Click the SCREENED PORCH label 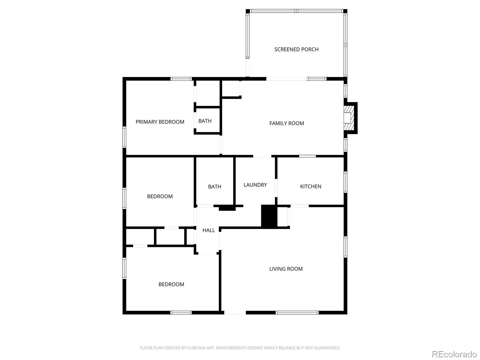pyautogui.click(x=296, y=49)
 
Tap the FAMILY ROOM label pyautogui.click(x=286, y=123)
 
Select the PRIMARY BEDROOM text pyautogui.click(x=160, y=122)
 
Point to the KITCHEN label pyautogui.click(x=310, y=186)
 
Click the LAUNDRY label pyautogui.click(x=255, y=185)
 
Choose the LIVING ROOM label pyautogui.click(x=286, y=269)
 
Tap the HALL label pyautogui.click(x=208, y=230)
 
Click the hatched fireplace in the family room pyautogui.click(x=349, y=118)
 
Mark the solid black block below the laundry pyautogui.click(x=269, y=216)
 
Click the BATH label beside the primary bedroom pyautogui.click(x=205, y=121)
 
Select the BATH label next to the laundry pyautogui.click(x=214, y=187)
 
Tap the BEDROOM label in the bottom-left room pyautogui.click(x=171, y=284)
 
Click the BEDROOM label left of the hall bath pyautogui.click(x=160, y=196)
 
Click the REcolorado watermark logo pyautogui.click(x=454, y=354)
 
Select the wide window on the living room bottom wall pyautogui.click(x=297, y=313)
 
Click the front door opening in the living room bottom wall pyautogui.click(x=235, y=313)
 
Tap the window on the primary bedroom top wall pyautogui.click(x=181, y=79)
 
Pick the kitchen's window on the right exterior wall pyautogui.click(x=346, y=182)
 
